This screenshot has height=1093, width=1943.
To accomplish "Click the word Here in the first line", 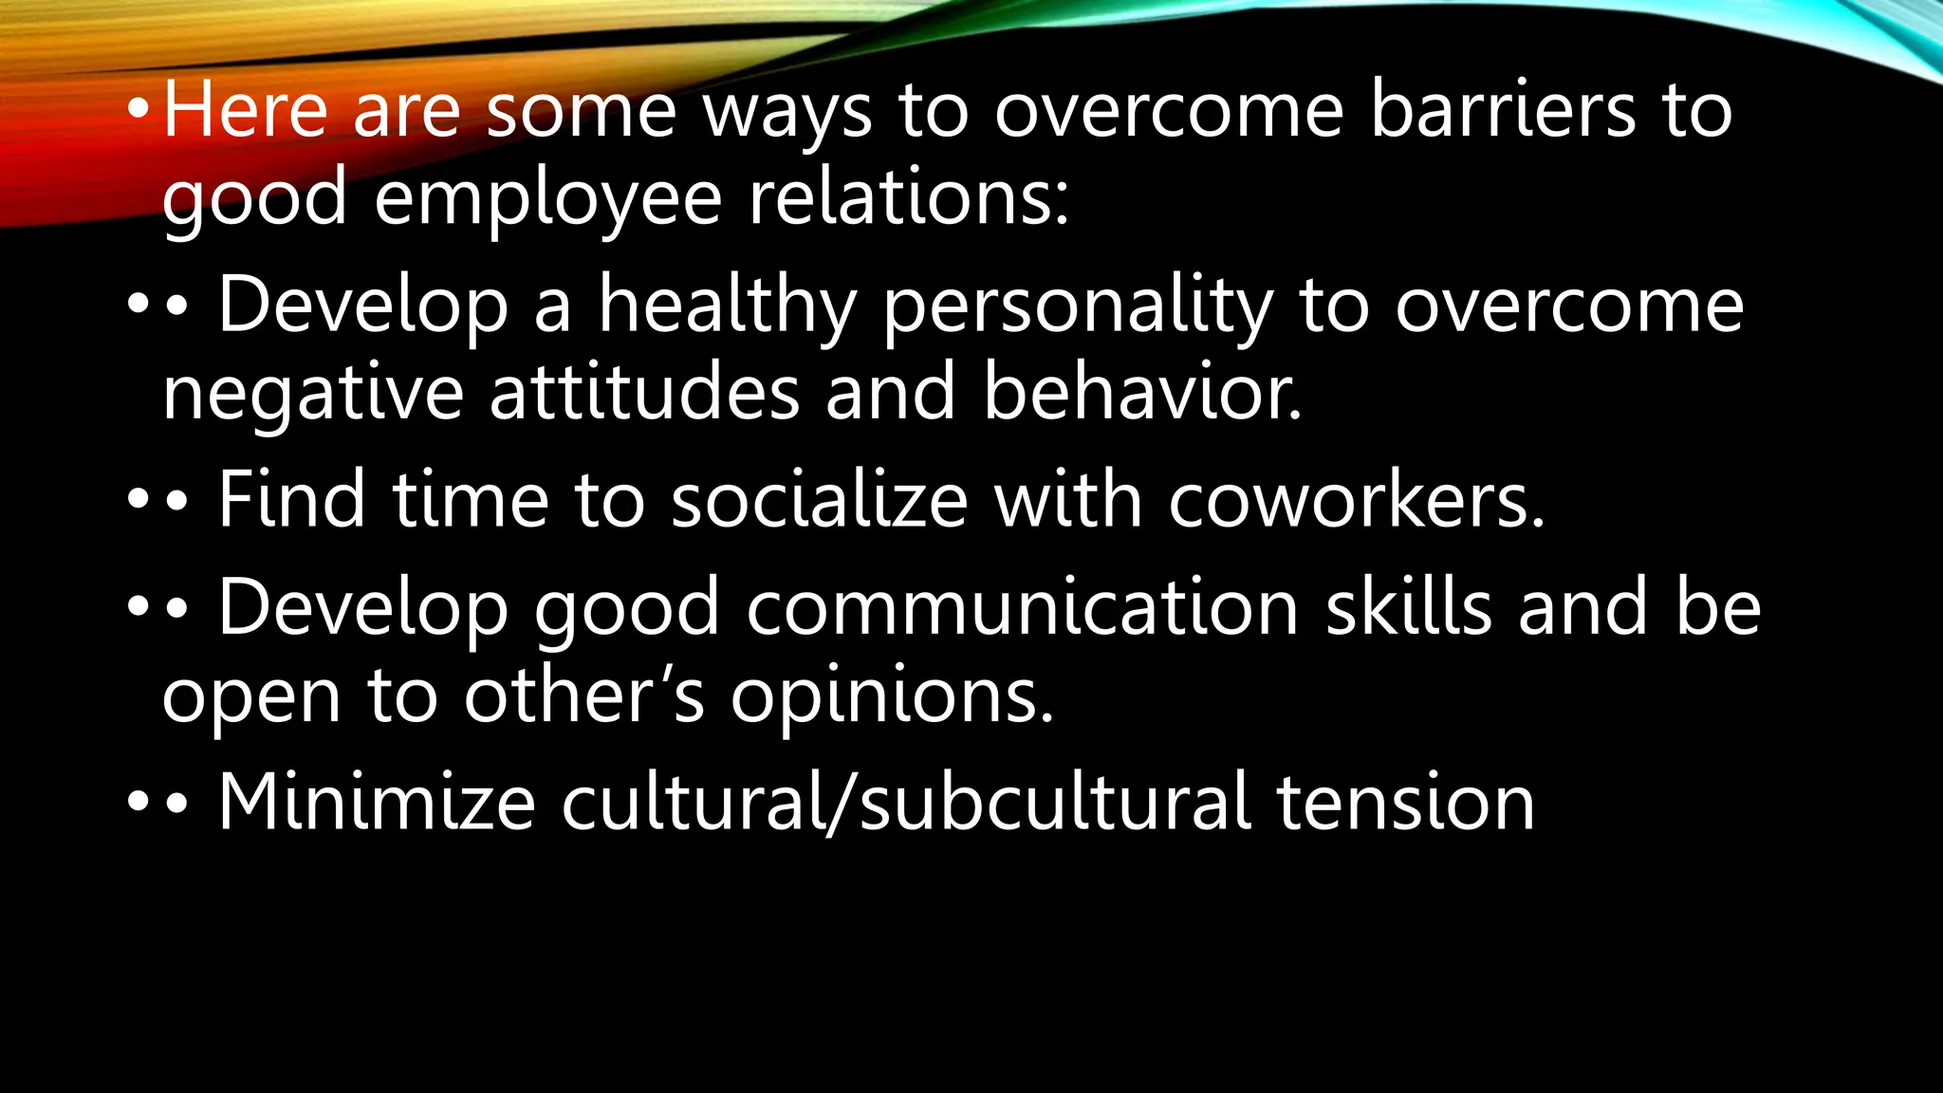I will pos(245,112).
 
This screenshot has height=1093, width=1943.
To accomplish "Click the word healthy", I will pos(727,307).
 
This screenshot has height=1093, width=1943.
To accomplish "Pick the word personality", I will pos(1078,307).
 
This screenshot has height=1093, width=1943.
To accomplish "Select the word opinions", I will pos(892,698).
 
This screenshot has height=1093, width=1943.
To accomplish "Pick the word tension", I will pos(1405,803).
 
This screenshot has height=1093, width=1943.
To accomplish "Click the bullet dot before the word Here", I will pos(139,112).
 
